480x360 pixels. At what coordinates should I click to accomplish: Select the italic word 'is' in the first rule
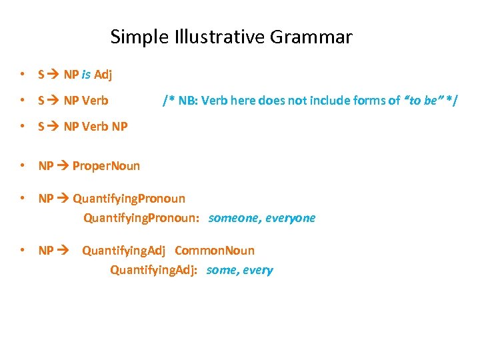[86, 74]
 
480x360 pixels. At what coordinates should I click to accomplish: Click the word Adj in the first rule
[103, 74]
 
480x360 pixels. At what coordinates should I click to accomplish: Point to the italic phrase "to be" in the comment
[423, 100]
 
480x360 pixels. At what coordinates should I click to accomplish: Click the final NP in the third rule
[119, 127]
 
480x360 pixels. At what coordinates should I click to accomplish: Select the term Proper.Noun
[106, 165]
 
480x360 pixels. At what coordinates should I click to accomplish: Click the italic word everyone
[290, 218]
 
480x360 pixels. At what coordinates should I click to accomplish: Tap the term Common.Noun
[215, 251]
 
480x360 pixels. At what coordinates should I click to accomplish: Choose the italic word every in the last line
[259, 270]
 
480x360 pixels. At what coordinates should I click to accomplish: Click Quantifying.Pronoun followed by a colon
[141, 218]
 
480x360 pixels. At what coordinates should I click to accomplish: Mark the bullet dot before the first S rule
[23, 74]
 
